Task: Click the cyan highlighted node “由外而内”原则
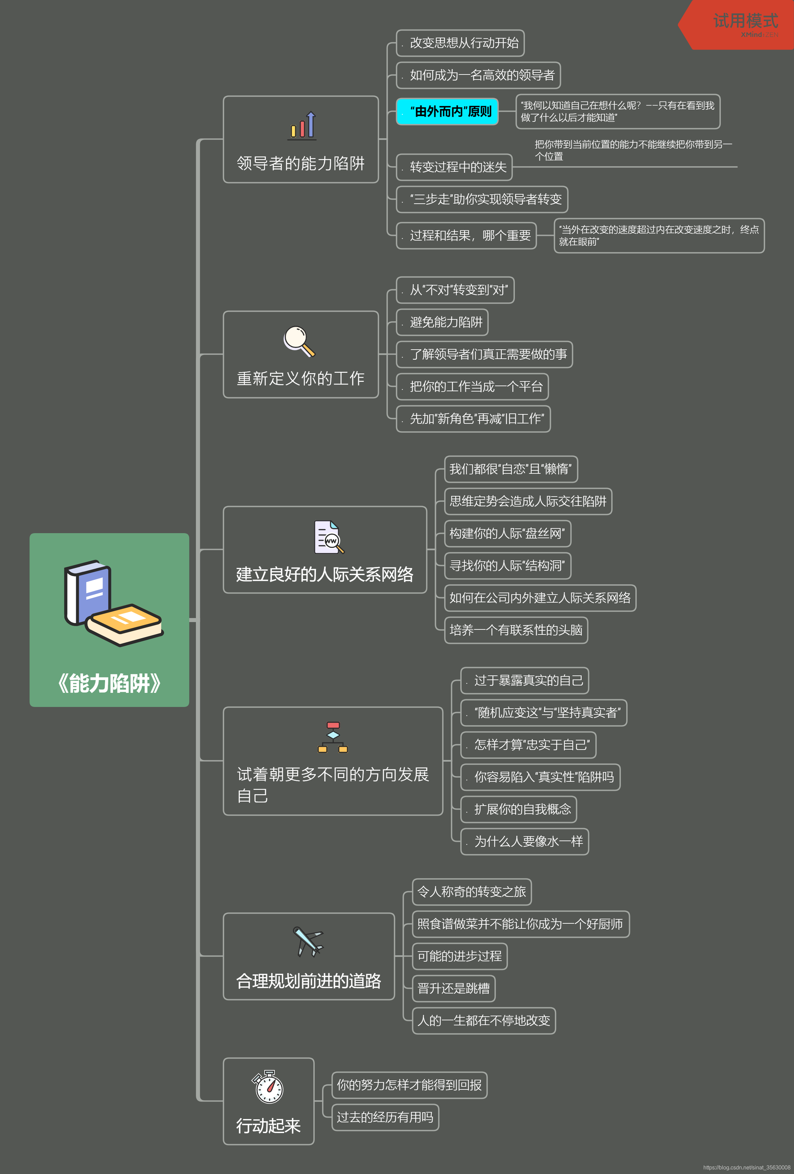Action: [447, 112]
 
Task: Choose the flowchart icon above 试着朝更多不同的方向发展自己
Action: [333, 737]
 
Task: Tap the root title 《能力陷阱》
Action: [110, 683]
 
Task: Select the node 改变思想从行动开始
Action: [460, 43]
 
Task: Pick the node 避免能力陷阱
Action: [442, 322]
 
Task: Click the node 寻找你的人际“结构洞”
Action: [507, 566]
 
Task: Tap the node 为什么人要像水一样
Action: [524, 841]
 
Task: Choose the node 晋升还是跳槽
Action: [454, 988]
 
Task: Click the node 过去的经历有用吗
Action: [385, 1117]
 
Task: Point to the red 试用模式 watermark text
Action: [745, 21]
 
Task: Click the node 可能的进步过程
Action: [460, 956]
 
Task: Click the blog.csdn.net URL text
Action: [746, 1167]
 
